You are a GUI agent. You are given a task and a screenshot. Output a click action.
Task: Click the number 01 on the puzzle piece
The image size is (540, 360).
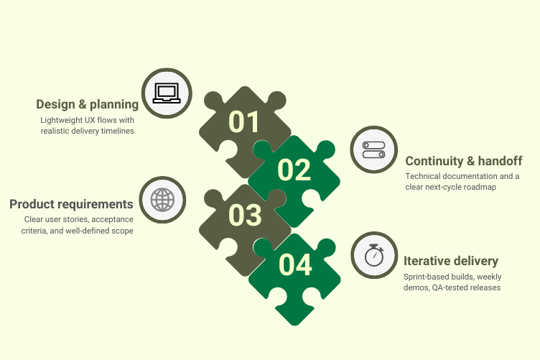(244, 121)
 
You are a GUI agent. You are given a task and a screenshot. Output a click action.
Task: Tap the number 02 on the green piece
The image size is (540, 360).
(294, 170)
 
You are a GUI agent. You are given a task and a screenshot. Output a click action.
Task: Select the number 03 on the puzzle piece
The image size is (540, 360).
(244, 215)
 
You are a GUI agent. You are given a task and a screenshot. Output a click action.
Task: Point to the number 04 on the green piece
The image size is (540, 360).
(295, 264)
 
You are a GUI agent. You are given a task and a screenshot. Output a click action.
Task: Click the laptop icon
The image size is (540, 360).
(166, 93)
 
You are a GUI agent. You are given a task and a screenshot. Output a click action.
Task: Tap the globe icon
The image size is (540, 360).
(162, 199)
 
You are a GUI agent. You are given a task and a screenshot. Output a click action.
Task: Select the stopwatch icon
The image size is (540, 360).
(374, 255)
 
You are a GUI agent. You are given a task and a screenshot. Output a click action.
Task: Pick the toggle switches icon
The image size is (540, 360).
(374, 149)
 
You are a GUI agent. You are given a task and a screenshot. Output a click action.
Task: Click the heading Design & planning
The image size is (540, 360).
(88, 105)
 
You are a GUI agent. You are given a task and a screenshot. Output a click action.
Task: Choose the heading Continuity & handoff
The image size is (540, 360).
(463, 161)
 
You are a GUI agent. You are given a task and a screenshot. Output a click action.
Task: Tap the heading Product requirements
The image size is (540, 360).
(71, 204)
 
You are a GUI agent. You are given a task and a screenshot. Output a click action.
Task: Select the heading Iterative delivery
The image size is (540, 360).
(451, 261)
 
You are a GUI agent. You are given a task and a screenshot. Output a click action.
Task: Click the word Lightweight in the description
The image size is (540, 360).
(62, 119)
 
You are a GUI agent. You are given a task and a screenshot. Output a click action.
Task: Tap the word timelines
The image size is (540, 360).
(117, 131)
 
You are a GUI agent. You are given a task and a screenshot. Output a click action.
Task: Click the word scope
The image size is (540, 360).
(123, 230)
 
